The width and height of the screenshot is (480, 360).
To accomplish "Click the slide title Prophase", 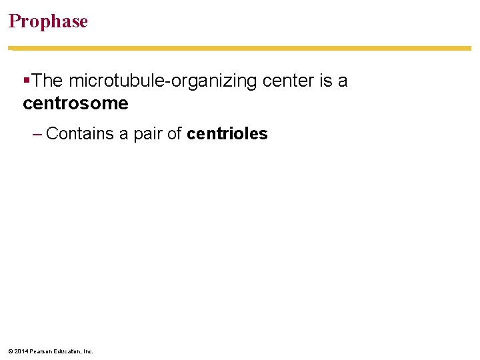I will (x=48, y=21).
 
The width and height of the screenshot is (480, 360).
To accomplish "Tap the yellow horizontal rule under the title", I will (x=240, y=48).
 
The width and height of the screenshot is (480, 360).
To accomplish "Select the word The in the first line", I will (x=47, y=81).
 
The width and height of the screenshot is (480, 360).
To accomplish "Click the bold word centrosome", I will (x=75, y=103).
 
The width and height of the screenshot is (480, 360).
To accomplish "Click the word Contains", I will (x=80, y=134).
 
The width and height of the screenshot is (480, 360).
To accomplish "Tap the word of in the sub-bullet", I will (x=175, y=134).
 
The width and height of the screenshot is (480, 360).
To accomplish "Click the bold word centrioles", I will (x=227, y=134).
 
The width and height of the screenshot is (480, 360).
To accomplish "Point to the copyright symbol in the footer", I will (x=11, y=351).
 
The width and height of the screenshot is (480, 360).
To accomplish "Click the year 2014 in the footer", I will (x=21, y=351).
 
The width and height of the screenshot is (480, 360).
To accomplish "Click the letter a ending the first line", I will (x=343, y=81).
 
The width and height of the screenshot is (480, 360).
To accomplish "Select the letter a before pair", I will (x=123, y=134).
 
